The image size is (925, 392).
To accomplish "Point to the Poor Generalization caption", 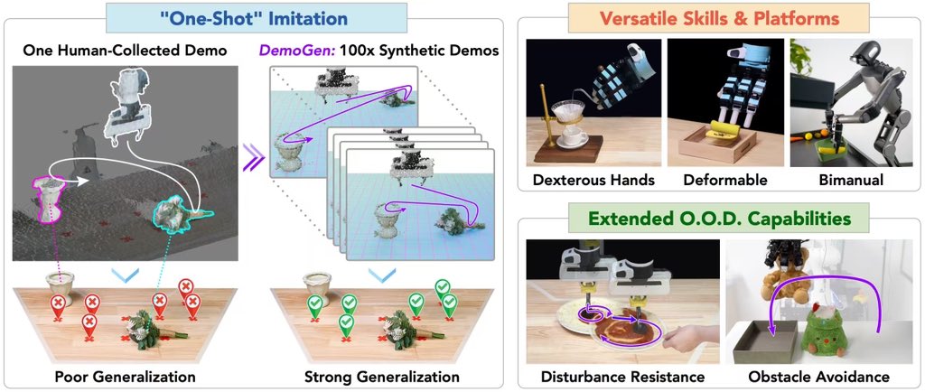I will [125, 376].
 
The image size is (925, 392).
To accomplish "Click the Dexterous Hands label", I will [593, 180].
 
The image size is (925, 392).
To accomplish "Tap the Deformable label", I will [721, 180].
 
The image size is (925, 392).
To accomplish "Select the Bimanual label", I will [845, 180].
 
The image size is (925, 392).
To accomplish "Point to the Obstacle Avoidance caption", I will [818, 376].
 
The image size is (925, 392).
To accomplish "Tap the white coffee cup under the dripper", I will [573, 135].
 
